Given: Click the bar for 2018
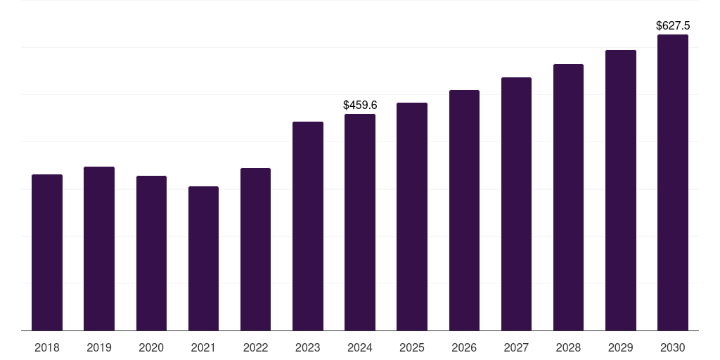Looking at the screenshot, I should coord(47,252).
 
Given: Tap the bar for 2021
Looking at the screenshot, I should coord(203,258).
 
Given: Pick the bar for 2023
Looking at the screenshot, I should coord(308,226).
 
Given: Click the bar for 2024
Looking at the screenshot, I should coord(360,222).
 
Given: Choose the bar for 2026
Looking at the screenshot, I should coord(464,210).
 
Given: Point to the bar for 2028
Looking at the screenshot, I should coord(568,197).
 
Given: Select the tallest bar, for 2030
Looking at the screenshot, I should coord(673,182).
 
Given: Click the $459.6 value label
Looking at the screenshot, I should coord(360,105).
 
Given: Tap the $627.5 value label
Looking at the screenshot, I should coord(673,25).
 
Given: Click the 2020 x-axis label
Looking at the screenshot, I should coord(151,347).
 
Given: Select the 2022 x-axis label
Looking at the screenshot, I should coord(255,347).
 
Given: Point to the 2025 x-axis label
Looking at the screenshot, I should coord(412,347).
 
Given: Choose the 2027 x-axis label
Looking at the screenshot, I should coord(516,347).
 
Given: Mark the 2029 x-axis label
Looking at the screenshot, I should coord(620,347).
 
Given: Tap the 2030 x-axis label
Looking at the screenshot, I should coord(673,347).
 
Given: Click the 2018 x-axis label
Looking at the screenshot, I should coord(47,347).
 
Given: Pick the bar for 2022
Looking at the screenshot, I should coord(255,249).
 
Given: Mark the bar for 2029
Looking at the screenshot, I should coord(621,190).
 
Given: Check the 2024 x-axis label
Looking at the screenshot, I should coord(360,347).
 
